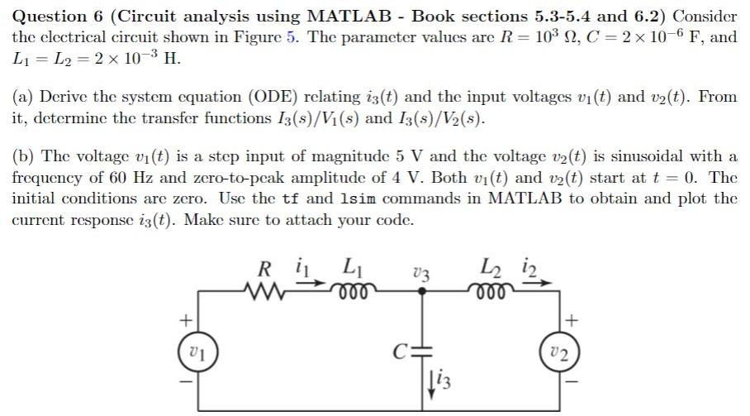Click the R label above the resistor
tap(265, 268)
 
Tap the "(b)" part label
tap(23, 156)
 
